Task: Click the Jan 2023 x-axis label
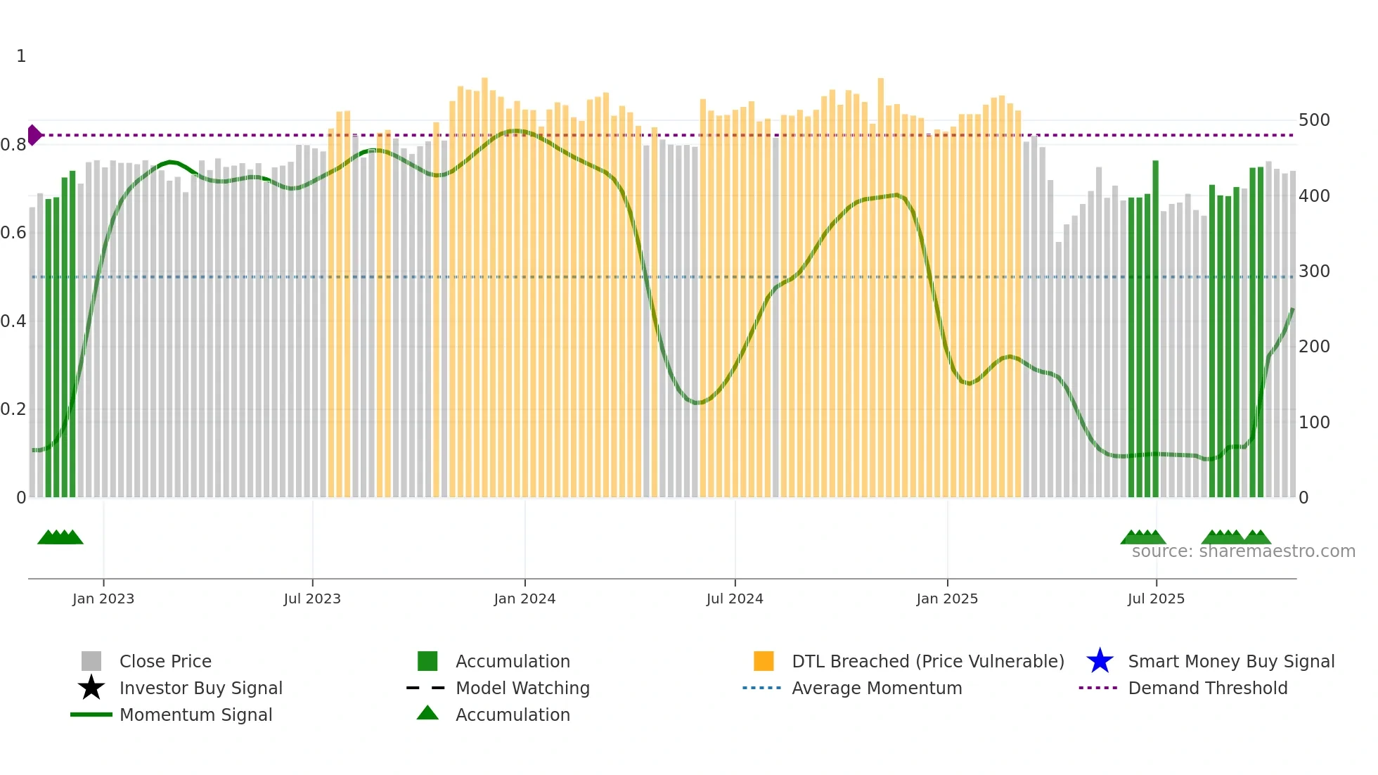(103, 598)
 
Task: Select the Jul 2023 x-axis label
(312, 598)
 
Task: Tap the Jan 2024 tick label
(524, 598)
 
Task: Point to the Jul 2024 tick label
(735, 598)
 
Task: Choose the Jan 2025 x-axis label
(947, 598)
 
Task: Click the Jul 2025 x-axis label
(1156, 598)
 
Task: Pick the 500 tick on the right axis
(1314, 120)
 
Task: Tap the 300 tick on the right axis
(1314, 271)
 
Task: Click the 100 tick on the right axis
(1314, 423)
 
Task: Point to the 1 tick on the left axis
(21, 56)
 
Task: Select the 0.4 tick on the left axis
(13, 321)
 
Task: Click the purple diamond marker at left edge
(34, 135)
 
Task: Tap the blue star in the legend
(1100, 661)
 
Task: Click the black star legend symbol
(91, 688)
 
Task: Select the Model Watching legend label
(522, 688)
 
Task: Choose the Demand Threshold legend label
(1207, 688)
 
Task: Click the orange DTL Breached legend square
(764, 661)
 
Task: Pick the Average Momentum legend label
(877, 688)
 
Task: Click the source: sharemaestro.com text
(1243, 551)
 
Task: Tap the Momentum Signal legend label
(195, 715)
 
